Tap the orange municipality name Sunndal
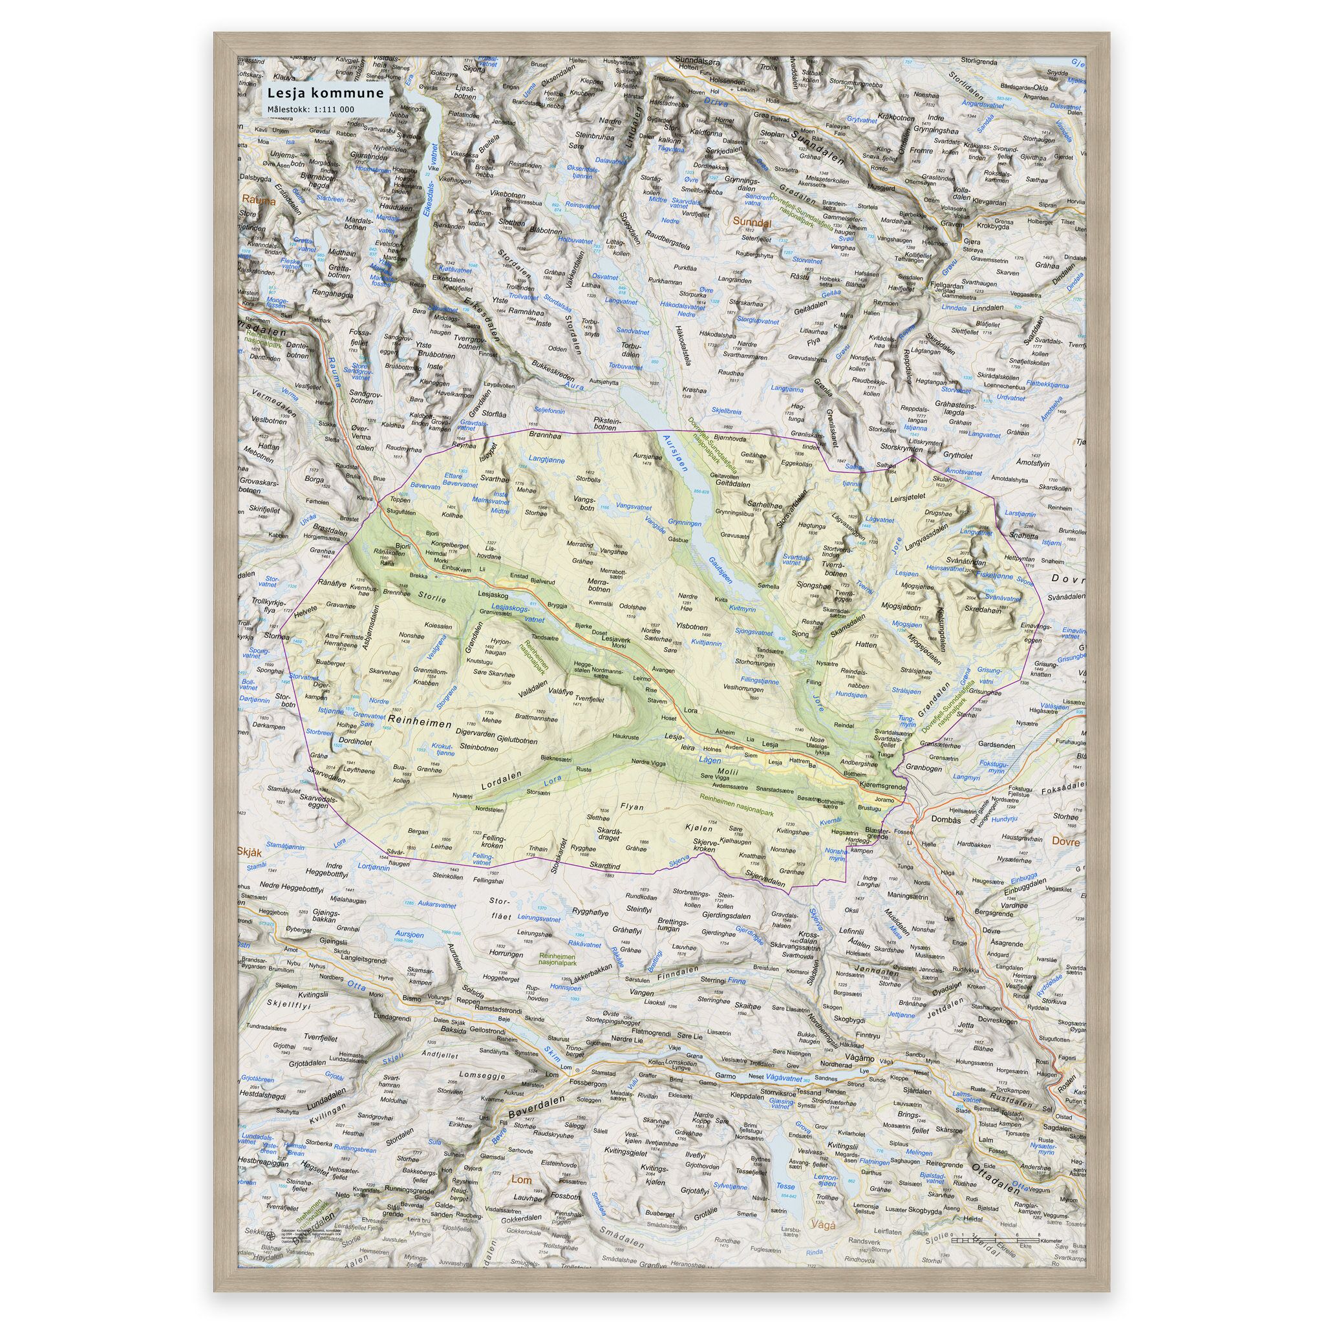coord(752,222)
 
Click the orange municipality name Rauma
coord(257,202)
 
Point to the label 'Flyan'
coord(632,807)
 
